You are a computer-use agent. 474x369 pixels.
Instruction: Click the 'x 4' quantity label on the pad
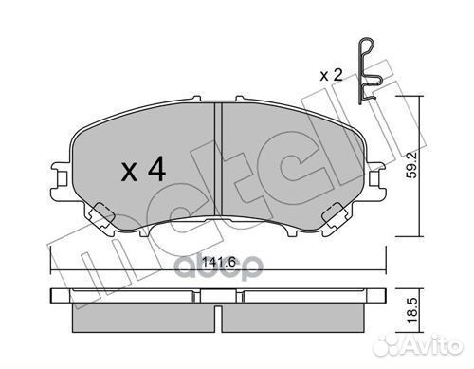[144, 171]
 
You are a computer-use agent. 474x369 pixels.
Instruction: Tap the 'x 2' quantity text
[332, 74]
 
